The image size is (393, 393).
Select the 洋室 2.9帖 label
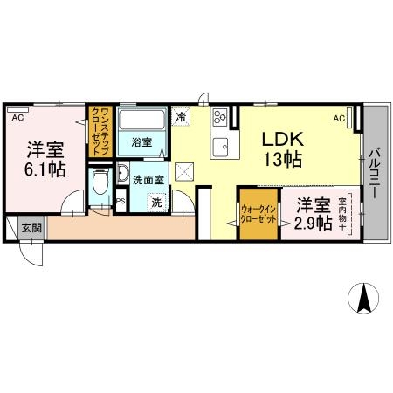(313, 213)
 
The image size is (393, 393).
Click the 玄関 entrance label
(31, 227)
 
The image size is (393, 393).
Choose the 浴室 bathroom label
(141, 141)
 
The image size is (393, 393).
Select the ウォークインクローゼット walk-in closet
(259, 215)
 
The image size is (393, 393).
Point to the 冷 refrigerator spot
(182, 115)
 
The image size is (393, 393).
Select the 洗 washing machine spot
(156, 202)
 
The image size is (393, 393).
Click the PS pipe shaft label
(121, 200)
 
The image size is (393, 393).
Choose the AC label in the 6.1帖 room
(17, 114)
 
